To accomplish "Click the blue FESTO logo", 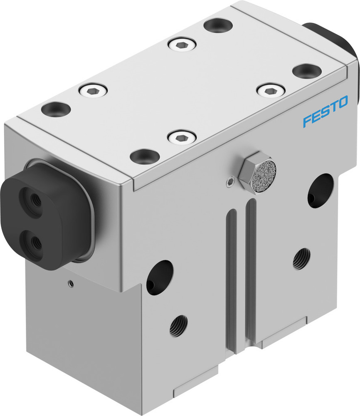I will [x=325, y=111].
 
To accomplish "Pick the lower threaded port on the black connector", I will [x=32, y=242].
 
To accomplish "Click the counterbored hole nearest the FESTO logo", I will [x=306, y=71].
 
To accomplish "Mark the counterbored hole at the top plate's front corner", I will [x=144, y=156].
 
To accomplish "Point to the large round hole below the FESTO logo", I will [x=320, y=190].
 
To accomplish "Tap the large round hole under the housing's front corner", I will [x=159, y=277].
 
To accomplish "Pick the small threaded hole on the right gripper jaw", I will [x=301, y=259].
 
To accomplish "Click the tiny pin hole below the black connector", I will [x=71, y=284].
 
